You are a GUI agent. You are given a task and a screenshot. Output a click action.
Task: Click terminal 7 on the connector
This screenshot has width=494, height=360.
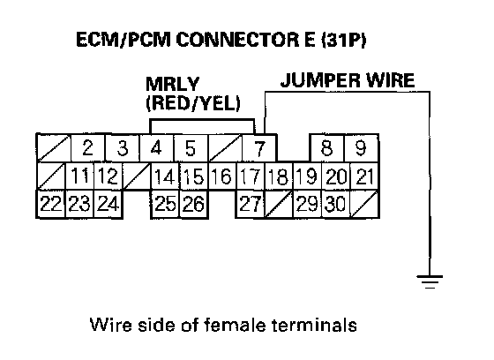click(259, 148)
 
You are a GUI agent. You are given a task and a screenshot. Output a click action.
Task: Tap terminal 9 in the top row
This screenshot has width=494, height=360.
click(361, 148)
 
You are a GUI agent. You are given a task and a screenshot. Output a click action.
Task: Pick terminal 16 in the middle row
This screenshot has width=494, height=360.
click(221, 176)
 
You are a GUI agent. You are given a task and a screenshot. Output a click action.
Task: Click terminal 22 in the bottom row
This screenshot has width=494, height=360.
click(51, 204)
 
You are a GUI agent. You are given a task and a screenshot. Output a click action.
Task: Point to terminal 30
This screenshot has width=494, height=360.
click(335, 204)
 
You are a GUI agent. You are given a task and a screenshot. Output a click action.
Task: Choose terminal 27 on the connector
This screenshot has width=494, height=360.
click(251, 204)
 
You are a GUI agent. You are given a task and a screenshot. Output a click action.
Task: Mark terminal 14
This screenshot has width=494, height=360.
click(165, 176)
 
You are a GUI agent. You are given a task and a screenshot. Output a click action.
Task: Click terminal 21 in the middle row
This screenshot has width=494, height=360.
click(363, 176)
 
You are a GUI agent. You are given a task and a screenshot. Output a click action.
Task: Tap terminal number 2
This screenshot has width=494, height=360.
click(88, 148)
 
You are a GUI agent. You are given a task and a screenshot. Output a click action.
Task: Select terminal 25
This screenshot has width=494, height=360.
click(165, 204)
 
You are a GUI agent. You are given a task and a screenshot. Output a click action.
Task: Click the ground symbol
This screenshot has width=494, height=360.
click(430, 281)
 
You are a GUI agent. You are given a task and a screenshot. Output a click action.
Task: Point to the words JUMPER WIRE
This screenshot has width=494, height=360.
click(348, 80)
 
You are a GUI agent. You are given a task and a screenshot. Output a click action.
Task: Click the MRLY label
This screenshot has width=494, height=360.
click(172, 84)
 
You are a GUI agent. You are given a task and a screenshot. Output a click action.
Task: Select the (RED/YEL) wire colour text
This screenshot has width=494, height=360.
click(193, 102)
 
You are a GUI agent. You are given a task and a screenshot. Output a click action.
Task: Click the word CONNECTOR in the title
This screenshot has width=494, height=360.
click(237, 40)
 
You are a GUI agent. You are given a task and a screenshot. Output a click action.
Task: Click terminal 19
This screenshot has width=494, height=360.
click(307, 176)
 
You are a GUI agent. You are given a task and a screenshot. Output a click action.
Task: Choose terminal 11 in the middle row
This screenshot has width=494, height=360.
click(79, 176)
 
